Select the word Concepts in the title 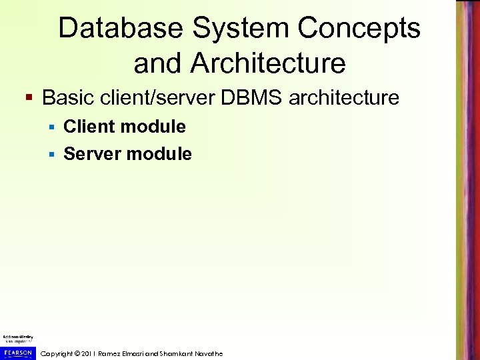coord(359,28)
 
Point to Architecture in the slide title coord(268,63)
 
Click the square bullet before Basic coord(29,99)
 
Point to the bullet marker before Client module coord(53,127)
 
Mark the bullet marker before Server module coord(53,155)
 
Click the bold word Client coord(89,126)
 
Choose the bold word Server coord(92,154)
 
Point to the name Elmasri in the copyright coord(137,353)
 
